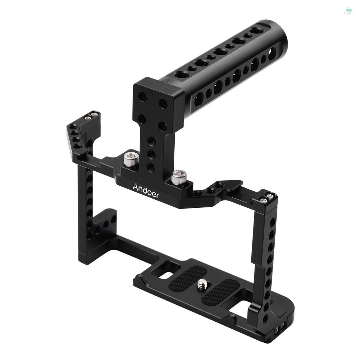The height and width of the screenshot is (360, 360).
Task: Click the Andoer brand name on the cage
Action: pos(146,192)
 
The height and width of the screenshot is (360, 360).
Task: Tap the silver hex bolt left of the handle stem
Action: pos(131,159)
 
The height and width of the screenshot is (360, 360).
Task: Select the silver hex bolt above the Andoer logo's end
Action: pos(179,176)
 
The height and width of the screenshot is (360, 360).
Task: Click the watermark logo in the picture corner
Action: pos(349,11)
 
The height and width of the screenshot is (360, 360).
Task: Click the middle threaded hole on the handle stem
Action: pos(152,154)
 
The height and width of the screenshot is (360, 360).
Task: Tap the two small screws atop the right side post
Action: pos(266,198)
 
